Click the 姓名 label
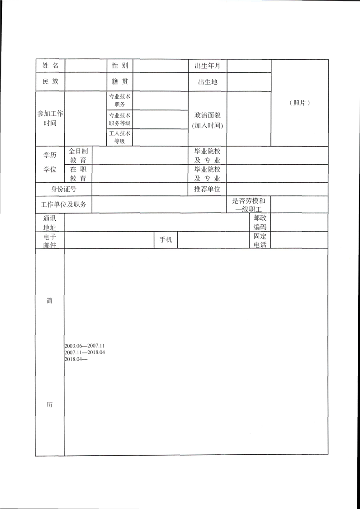coord(50,66)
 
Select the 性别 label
coord(120,66)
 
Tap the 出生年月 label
coord(207,66)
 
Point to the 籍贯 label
coord(120,82)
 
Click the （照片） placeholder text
coord(299,103)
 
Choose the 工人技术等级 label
coord(120,137)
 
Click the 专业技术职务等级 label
coord(120,119)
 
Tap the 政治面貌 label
coord(207,115)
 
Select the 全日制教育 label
coord(78,155)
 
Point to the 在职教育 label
coord(78,174)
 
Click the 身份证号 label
coord(63,189)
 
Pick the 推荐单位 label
coord(207,189)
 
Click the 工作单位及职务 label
coord(63,205)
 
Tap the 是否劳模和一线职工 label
coord(249,205)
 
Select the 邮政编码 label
coord(260,222)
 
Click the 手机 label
coord(166,240)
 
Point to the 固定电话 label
coord(260,240)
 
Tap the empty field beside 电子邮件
coord(109,240)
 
